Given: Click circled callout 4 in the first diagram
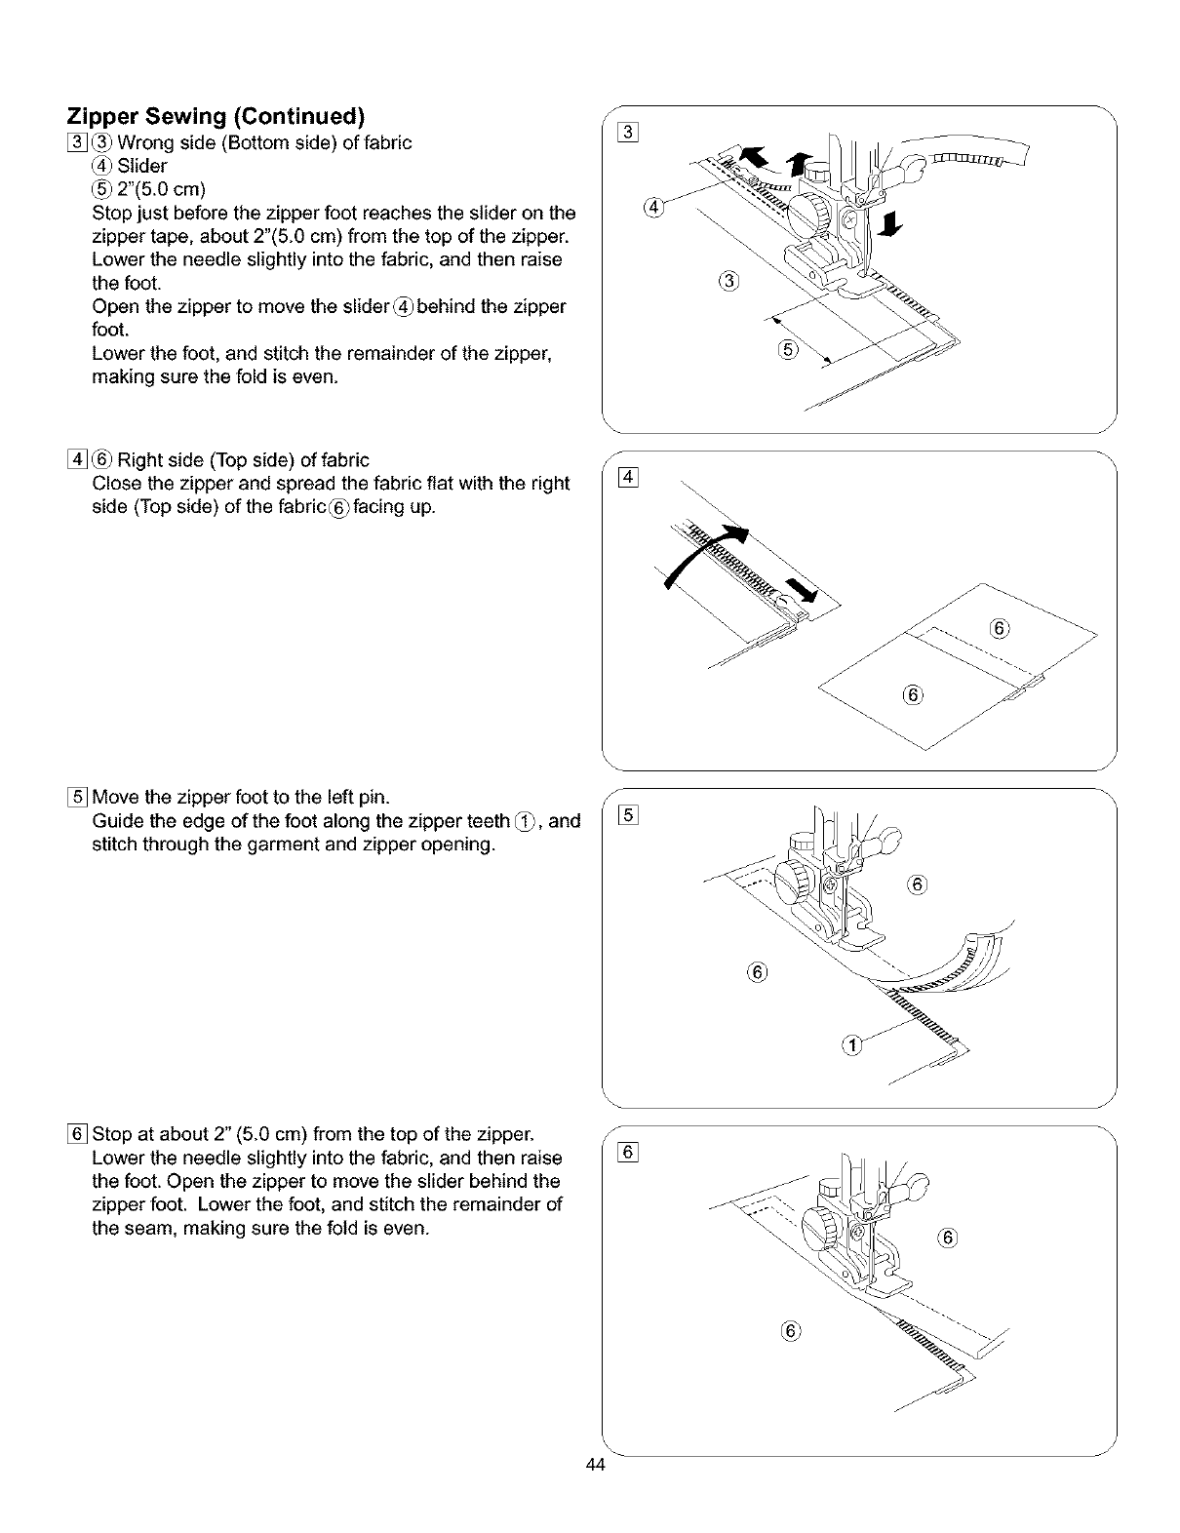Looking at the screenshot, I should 654,207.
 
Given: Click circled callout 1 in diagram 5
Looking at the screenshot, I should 850,1046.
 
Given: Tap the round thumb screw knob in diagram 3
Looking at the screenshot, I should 807,211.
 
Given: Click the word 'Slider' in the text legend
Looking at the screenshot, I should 142,166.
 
